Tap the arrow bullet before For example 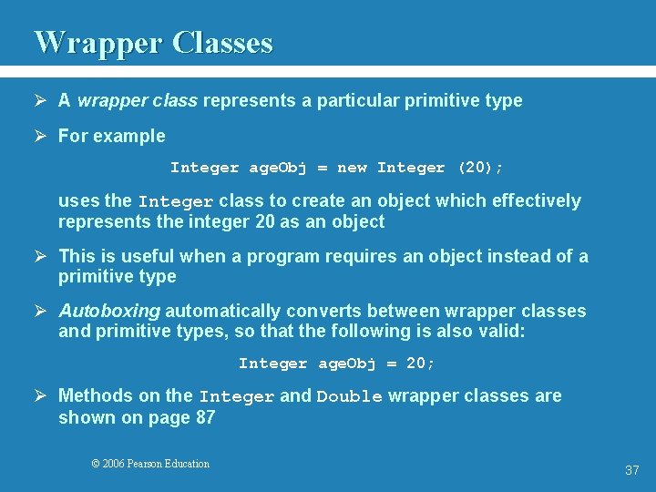(x=42, y=137)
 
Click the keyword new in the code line (x=352, y=168)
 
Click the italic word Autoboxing (x=109, y=311)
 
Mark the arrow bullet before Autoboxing (x=42, y=312)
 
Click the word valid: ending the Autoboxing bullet (x=500, y=331)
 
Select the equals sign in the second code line (x=391, y=364)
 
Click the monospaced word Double (x=349, y=396)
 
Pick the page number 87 (x=205, y=417)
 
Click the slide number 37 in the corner (x=631, y=470)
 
